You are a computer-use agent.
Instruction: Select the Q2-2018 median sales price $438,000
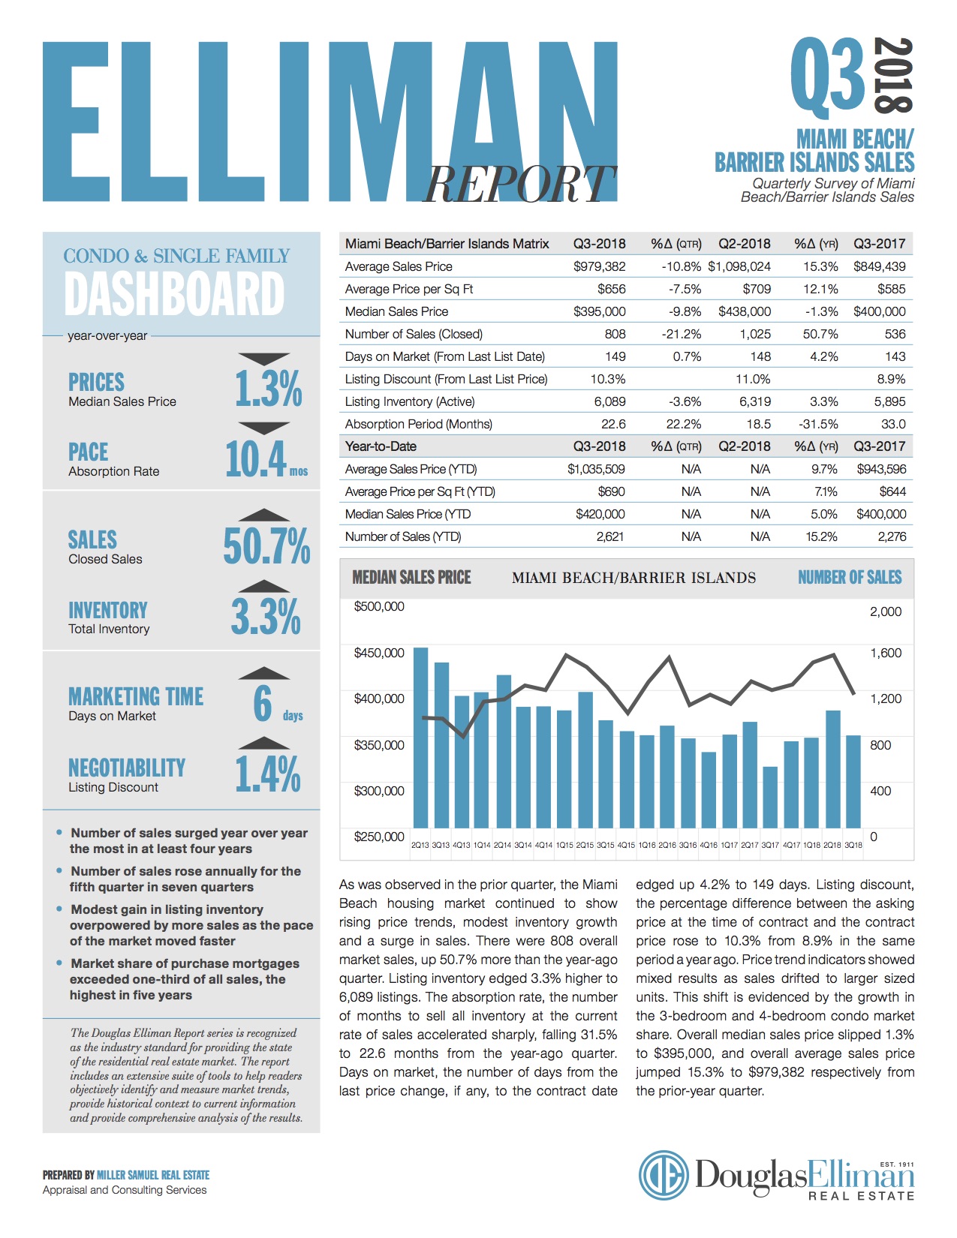744,311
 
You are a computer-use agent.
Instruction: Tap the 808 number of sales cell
615,334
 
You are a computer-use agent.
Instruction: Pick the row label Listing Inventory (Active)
410,401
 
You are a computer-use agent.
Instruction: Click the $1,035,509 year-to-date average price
597,469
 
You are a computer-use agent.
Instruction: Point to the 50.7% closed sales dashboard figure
266,545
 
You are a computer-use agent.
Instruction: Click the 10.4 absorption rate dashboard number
256,459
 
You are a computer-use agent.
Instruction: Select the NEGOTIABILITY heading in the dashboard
126,768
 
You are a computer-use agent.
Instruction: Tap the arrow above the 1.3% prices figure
263,359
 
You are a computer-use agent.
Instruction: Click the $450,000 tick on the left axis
379,653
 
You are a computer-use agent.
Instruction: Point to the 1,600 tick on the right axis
886,653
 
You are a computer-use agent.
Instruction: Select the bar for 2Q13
421,739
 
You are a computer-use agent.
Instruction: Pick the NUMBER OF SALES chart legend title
850,577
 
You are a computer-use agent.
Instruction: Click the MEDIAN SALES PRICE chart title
411,577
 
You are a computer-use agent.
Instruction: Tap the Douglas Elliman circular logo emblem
664,1175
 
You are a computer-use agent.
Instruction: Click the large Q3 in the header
828,75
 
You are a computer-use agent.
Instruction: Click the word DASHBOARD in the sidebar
174,293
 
